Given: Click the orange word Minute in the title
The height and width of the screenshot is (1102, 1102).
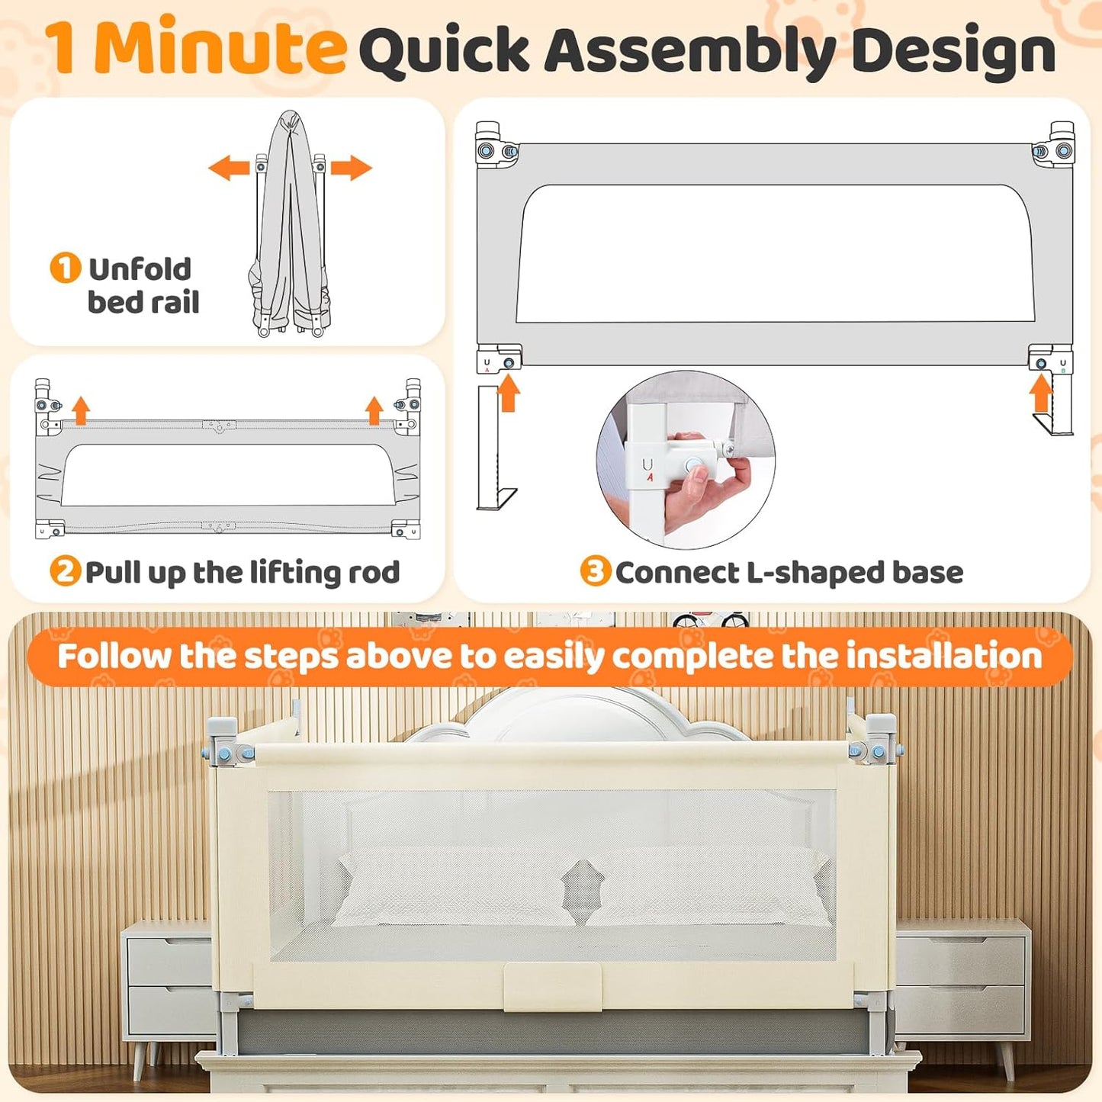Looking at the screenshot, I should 220,47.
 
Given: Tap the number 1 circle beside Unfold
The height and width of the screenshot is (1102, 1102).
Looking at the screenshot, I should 65,268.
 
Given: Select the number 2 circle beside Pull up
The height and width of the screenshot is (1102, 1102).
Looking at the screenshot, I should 65,571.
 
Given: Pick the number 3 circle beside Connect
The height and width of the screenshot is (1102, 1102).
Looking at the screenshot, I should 595,571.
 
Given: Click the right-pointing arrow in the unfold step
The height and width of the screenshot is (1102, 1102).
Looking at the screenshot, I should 352,168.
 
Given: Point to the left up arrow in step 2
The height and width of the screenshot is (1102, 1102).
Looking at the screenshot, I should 81,410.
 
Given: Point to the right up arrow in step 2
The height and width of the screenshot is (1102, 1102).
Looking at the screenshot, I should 374,410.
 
